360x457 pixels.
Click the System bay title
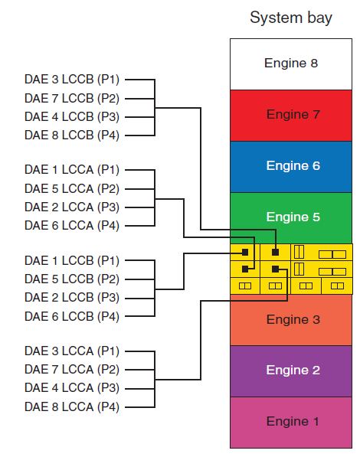[x=290, y=18]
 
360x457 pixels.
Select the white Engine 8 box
[x=290, y=64]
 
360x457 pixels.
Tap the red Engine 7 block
[x=290, y=115]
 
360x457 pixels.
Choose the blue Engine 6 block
[x=290, y=165]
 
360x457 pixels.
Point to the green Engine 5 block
[x=290, y=217]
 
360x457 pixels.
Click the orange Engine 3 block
[x=290, y=319]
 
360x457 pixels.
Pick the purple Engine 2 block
[x=290, y=370]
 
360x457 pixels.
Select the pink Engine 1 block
[x=290, y=421]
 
